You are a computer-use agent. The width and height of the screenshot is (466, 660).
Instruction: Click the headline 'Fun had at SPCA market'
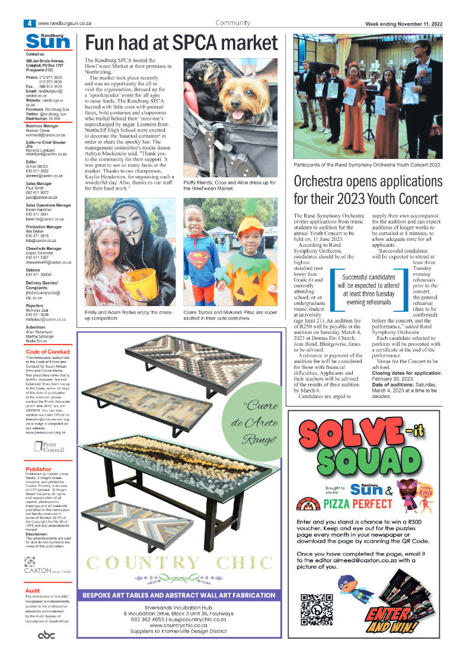pyautogui.click(x=181, y=43)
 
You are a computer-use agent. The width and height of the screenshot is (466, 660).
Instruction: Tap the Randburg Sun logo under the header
pyautogui.click(x=47, y=41)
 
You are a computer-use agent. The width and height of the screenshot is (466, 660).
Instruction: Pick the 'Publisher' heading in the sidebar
pyautogui.click(x=38, y=469)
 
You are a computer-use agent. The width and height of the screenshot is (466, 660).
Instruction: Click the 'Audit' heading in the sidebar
pyautogui.click(x=32, y=591)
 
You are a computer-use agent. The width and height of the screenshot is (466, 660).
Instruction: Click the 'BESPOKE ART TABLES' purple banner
pyautogui.click(x=180, y=595)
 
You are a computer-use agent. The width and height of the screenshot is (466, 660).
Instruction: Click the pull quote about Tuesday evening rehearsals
pyautogui.click(x=368, y=289)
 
